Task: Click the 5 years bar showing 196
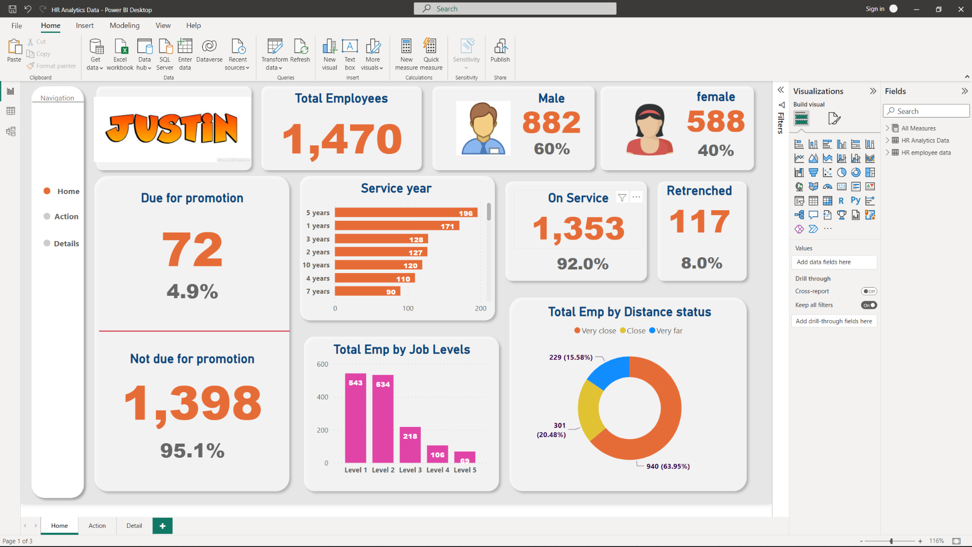(x=405, y=213)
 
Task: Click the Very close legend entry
(x=595, y=331)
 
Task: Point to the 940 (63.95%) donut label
(x=668, y=466)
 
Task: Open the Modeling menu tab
(x=124, y=25)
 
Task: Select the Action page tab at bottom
(x=97, y=526)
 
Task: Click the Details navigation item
(x=66, y=244)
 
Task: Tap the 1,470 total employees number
(x=342, y=139)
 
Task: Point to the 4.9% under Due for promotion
(x=192, y=291)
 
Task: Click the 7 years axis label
(x=317, y=291)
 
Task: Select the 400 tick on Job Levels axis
(x=322, y=397)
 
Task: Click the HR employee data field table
(x=925, y=152)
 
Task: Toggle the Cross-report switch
(x=869, y=291)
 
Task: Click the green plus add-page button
(x=163, y=526)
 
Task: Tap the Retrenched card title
(x=699, y=191)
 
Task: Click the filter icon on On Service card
(x=622, y=198)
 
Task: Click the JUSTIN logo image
(x=172, y=128)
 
